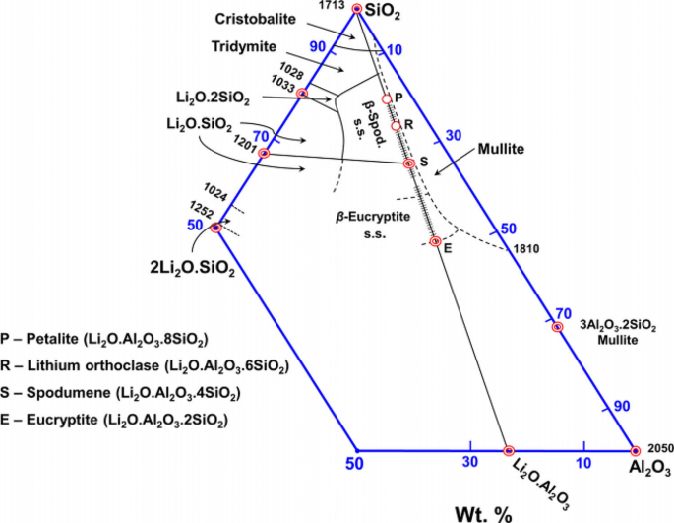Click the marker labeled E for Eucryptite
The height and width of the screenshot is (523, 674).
(437, 241)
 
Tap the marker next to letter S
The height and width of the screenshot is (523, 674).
(409, 163)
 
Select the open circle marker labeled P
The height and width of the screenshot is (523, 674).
(387, 98)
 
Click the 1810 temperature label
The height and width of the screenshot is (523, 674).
(525, 248)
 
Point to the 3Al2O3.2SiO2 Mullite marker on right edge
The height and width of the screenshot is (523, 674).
(556, 327)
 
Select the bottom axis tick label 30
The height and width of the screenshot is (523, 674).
(470, 463)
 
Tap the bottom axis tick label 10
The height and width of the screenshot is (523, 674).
(583, 463)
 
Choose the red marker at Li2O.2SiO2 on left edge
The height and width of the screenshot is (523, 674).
(302, 94)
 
